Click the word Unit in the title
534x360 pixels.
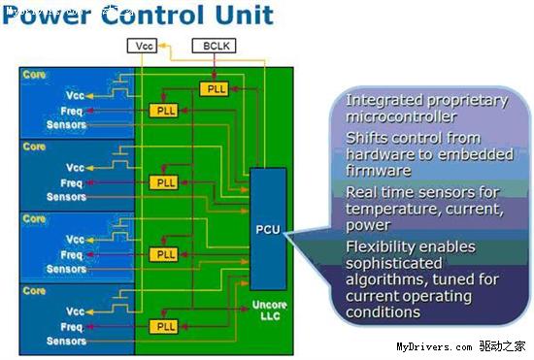click(x=243, y=16)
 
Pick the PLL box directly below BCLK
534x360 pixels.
click(x=215, y=89)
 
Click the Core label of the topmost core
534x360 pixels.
click(x=34, y=75)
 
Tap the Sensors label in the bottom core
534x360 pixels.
click(x=66, y=342)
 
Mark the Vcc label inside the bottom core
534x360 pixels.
click(x=74, y=312)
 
